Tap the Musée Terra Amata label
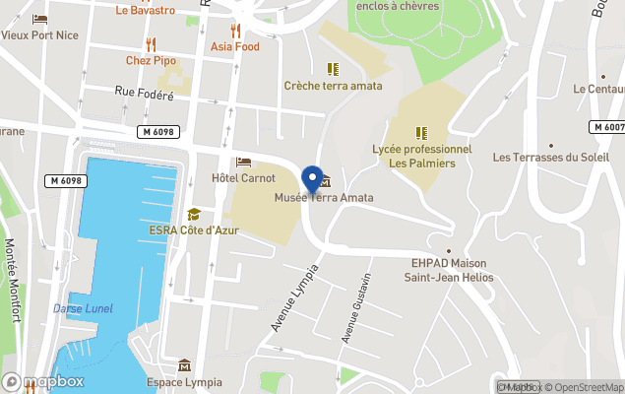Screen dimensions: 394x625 point(324,198)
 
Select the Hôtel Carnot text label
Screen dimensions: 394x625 point(243,178)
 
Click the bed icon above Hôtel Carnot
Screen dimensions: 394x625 point(243,162)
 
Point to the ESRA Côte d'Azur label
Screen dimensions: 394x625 point(194,230)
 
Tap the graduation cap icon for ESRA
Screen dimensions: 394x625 point(194,214)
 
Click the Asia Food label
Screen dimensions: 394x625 point(234,46)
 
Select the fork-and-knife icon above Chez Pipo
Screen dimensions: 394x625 point(151,43)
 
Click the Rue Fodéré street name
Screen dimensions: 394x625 point(144,95)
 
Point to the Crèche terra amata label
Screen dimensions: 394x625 point(333,86)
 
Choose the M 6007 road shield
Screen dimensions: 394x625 point(607,127)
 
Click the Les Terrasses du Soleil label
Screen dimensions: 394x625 point(550,157)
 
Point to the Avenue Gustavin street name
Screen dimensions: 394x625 point(355,306)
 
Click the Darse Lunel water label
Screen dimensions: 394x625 point(83,308)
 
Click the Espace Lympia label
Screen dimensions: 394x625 point(184,382)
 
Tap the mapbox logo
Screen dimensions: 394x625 point(43,381)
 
